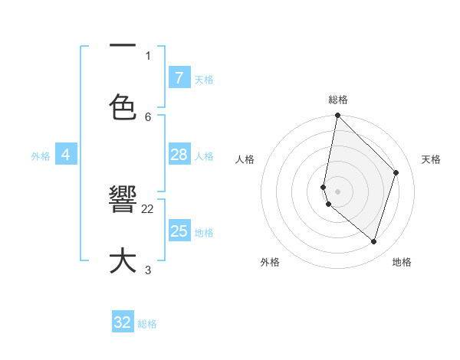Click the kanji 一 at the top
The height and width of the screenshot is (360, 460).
pos(123,45)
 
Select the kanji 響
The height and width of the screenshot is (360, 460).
pos(123,200)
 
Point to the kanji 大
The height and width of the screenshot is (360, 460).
pos(123,260)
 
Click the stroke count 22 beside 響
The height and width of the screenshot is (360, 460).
pos(148,208)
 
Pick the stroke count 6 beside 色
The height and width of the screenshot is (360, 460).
pos(148,116)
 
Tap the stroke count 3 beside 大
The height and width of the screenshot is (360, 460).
pos(148,270)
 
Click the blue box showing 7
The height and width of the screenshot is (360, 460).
pos(179,78)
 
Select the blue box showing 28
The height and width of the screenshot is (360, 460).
pos(179,155)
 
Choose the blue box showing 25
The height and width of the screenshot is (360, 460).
pos(179,231)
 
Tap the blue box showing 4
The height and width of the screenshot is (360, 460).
pos(66,155)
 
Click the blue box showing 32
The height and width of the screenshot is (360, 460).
pos(123,322)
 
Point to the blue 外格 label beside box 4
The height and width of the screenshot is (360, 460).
pos(41,156)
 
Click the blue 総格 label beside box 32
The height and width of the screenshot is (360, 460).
pos(147,324)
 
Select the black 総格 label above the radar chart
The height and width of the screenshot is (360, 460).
pos(338,100)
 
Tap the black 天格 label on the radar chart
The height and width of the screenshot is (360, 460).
pos(431,159)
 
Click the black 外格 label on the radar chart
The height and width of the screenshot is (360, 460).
pos(270,263)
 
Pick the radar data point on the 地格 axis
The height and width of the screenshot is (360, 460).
pos(374,242)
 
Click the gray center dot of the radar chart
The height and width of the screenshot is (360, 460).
pos(338,191)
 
